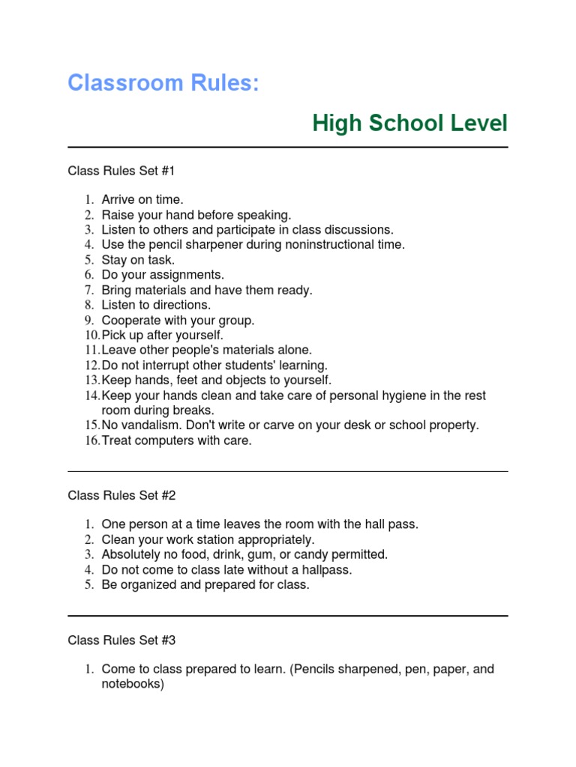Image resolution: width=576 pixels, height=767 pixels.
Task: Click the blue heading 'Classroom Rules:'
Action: coord(163,82)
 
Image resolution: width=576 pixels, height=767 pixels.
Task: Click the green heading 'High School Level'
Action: coord(409,124)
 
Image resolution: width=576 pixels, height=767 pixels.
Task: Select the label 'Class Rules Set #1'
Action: coord(121,171)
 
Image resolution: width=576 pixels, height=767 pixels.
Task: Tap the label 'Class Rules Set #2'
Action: coord(121,495)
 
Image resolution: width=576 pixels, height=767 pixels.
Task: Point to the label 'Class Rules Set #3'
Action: coord(121,640)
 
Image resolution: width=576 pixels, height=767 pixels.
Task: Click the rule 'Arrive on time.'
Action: coord(142,200)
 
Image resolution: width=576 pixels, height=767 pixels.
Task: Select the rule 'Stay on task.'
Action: coord(138,260)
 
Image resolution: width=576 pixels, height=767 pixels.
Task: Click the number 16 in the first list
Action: coord(91,441)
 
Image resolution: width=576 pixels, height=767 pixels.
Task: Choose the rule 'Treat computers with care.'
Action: coord(177,441)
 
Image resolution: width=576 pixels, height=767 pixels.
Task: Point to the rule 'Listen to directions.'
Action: coord(156,305)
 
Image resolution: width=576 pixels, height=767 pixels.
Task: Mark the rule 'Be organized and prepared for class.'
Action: coord(205,585)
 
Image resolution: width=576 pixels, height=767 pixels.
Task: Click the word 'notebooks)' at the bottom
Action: coord(133,684)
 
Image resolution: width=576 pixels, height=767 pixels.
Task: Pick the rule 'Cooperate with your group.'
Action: coord(178,321)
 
